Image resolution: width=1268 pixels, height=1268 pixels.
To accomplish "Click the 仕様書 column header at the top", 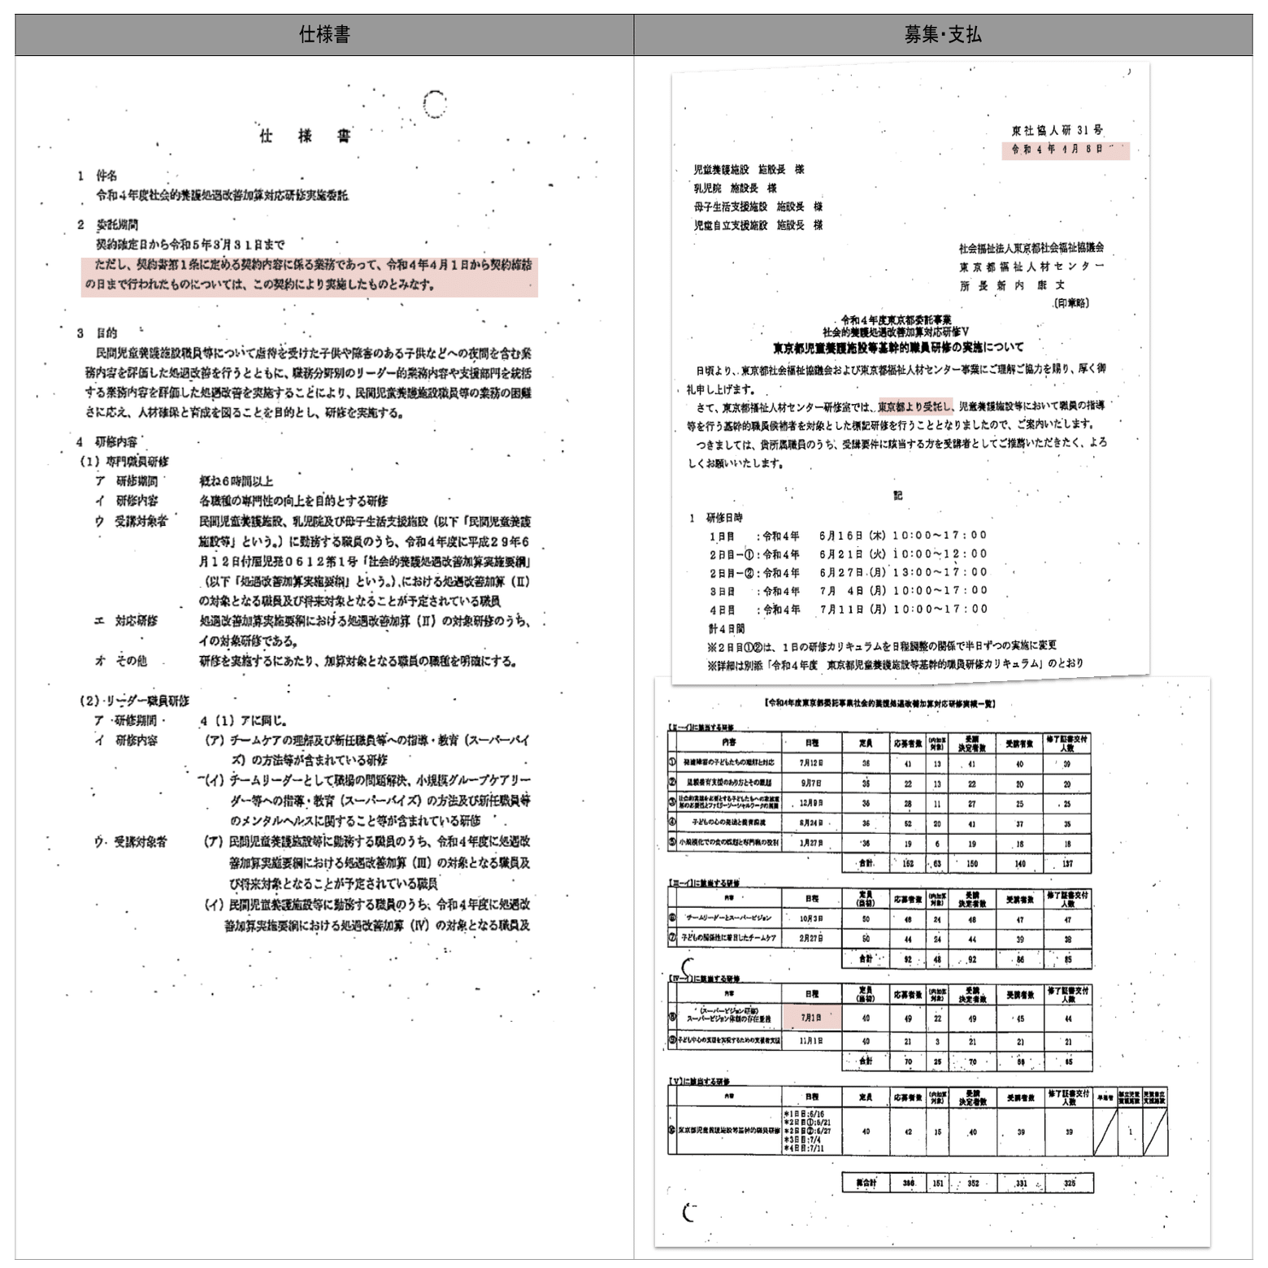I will [324, 35].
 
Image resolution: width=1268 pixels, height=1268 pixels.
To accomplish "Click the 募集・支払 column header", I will [943, 35].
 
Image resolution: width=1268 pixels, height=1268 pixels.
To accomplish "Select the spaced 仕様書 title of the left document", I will [305, 136].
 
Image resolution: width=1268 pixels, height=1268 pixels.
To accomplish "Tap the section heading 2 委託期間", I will [108, 224].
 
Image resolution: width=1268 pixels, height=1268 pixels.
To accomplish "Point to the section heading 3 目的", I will [98, 333].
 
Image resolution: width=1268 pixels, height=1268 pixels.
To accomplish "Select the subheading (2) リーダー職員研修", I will [134, 701].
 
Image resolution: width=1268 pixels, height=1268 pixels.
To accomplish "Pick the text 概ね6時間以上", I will [237, 481].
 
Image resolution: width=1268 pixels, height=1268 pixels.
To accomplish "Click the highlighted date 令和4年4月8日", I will [1064, 150].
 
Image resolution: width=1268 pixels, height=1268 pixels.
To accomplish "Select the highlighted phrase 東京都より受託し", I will [914, 406].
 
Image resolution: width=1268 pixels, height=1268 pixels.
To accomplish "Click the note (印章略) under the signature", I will [1070, 303].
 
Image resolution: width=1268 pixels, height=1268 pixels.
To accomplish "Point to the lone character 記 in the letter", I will [897, 495].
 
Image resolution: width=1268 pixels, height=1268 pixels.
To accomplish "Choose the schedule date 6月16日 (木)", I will [853, 536].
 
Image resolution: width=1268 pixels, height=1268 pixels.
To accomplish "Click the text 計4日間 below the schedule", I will [727, 628].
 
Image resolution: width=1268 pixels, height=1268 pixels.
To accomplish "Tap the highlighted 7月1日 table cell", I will [811, 1017].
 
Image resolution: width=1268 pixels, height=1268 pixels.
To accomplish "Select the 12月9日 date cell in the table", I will [811, 803].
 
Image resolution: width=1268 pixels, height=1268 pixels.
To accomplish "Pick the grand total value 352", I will [972, 1183].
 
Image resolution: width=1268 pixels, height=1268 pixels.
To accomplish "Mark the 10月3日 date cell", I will [811, 918].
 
